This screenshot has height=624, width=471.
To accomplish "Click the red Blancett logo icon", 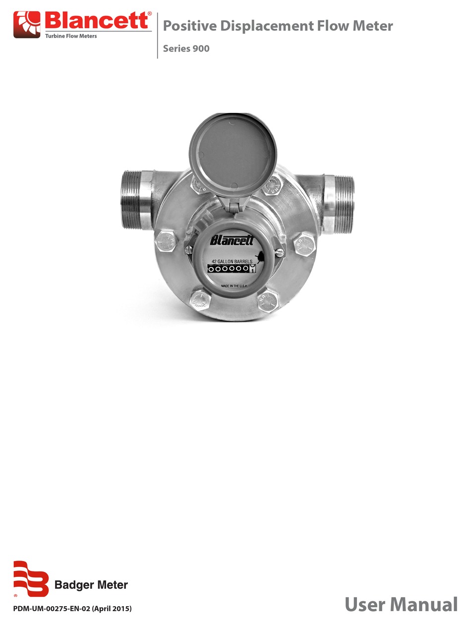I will [x=27, y=25].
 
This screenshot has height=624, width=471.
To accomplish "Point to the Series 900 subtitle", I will [x=186, y=49].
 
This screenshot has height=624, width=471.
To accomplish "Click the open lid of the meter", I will [x=232, y=152].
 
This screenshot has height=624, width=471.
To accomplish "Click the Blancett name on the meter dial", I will [x=232, y=241].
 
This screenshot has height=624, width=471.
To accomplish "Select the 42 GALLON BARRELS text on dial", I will [x=232, y=261].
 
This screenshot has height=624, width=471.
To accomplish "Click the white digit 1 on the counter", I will [x=253, y=270].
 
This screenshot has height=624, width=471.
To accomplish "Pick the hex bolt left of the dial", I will [x=167, y=242].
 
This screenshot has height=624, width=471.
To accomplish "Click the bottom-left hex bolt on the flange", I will [x=200, y=299].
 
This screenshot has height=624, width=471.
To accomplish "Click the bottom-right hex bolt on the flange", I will [x=268, y=301].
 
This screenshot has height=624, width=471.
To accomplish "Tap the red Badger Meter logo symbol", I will [x=30, y=578].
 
